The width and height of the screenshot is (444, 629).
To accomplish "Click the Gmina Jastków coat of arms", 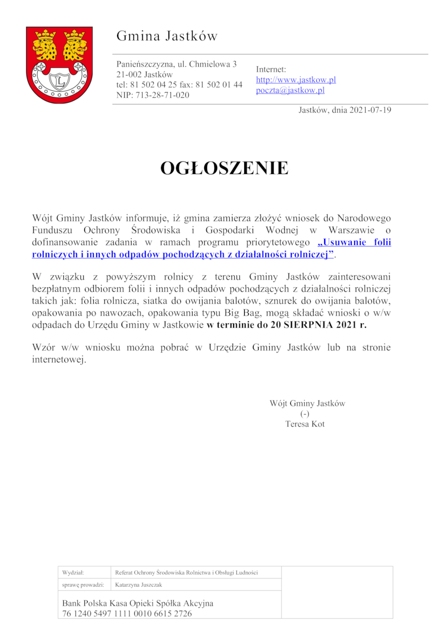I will click(x=59, y=65).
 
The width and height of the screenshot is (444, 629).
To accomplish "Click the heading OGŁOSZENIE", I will click(x=224, y=168).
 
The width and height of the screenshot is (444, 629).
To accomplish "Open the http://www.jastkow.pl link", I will click(x=296, y=80).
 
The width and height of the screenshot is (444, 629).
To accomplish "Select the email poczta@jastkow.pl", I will click(x=290, y=91).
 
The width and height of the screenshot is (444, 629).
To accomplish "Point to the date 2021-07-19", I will click(x=370, y=110).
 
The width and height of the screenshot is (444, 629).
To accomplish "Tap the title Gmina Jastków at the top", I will click(x=167, y=37).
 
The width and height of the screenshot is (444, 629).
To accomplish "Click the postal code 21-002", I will click(x=129, y=74).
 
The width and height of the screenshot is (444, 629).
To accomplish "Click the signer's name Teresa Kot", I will click(x=305, y=424).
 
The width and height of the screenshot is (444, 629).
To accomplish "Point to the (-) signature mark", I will click(x=305, y=414).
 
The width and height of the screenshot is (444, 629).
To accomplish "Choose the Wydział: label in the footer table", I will click(x=73, y=572).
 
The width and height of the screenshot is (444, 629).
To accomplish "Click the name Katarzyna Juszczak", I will click(x=139, y=585).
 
